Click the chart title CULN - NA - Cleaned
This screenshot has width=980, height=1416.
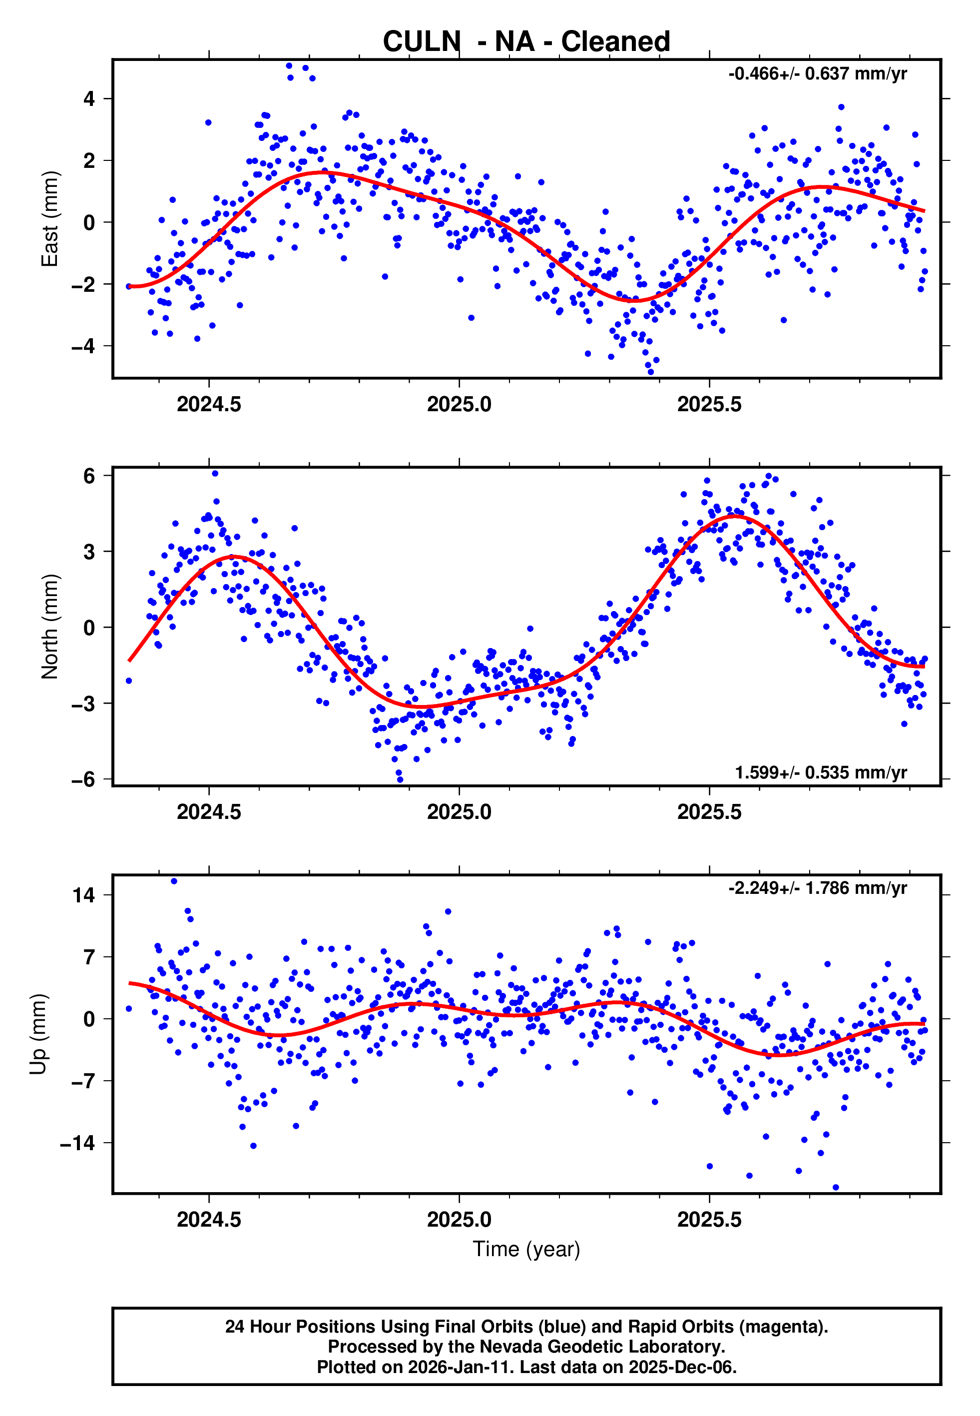[526, 42]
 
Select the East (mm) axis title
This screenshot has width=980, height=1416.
[50, 219]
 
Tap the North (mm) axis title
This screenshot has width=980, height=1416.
[50, 627]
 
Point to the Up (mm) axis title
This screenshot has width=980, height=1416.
[38, 1034]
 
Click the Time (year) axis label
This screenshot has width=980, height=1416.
[526, 1249]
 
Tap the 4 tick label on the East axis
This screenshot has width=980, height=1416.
[89, 98]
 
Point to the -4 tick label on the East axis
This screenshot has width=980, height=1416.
[83, 346]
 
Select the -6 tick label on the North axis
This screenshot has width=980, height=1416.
[83, 779]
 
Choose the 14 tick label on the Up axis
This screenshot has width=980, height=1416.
[83, 895]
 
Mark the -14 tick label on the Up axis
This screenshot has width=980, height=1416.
[77, 1143]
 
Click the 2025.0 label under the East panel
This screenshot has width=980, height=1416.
[460, 405]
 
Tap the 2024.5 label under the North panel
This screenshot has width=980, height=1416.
[209, 812]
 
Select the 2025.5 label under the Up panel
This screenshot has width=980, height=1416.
[709, 1220]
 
